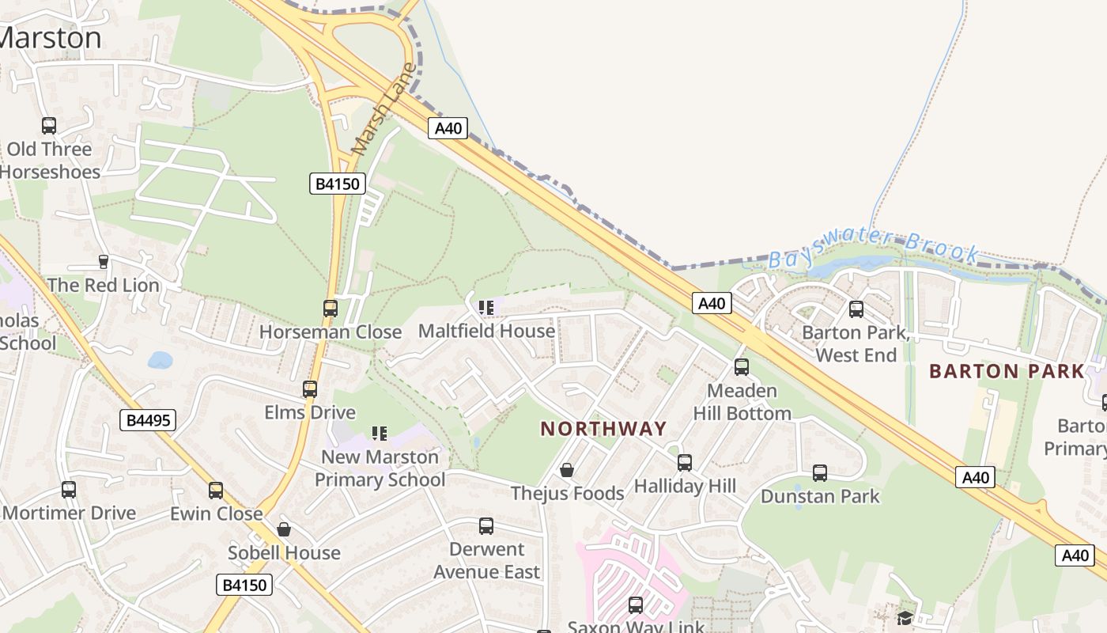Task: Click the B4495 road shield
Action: [x=148, y=420]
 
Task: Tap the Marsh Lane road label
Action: [x=383, y=108]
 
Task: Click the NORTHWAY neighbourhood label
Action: [x=604, y=429]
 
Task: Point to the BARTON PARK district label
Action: [x=1007, y=371]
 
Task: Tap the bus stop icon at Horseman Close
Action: [x=331, y=309]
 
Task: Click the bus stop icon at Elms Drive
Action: [x=310, y=389]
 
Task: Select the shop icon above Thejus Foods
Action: [x=567, y=470]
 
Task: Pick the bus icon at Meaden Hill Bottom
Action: [x=742, y=367]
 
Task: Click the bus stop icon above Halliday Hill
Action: [x=685, y=463]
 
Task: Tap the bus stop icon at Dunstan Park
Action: [x=820, y=473]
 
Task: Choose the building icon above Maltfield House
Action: [x=486, y=307]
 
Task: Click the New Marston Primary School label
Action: [x=380, y=468]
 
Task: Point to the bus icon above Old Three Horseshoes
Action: [x=49, y=125]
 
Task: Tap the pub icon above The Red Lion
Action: [x=103, y=261]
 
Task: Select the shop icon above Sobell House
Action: [x=284, y=529]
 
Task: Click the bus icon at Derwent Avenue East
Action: [x=486, y=526]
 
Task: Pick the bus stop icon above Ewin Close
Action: [x=216, y=491]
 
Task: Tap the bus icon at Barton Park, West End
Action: [x=856, y=309]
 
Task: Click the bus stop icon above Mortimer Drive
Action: [x=69, y=490]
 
